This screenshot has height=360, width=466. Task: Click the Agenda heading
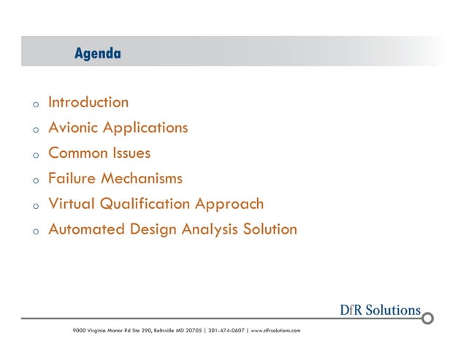(x=97, y=53)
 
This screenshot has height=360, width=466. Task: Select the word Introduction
(x=88, y=102)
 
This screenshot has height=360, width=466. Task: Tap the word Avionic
(x=73, y=128)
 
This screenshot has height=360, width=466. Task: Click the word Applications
(x=145, y=128)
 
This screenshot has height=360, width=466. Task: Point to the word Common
(x=77, y=153)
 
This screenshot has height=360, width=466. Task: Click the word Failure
(x=72, y=178)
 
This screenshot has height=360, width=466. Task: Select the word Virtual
(x=71, y=204)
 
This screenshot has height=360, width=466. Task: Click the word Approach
(x=232, y=204)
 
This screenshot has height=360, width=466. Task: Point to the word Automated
(x=86, y=229)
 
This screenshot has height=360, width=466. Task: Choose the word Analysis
(x=212, y=229)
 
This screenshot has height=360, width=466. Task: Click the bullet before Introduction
(x=34, y=104)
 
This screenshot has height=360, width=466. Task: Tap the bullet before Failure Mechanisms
(x=34, y=180)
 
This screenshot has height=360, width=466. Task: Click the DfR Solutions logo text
(x=380, y=310)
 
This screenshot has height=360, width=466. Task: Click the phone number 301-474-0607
(x=226, y=331)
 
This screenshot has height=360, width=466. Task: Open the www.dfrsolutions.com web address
(x=275, y=331)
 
